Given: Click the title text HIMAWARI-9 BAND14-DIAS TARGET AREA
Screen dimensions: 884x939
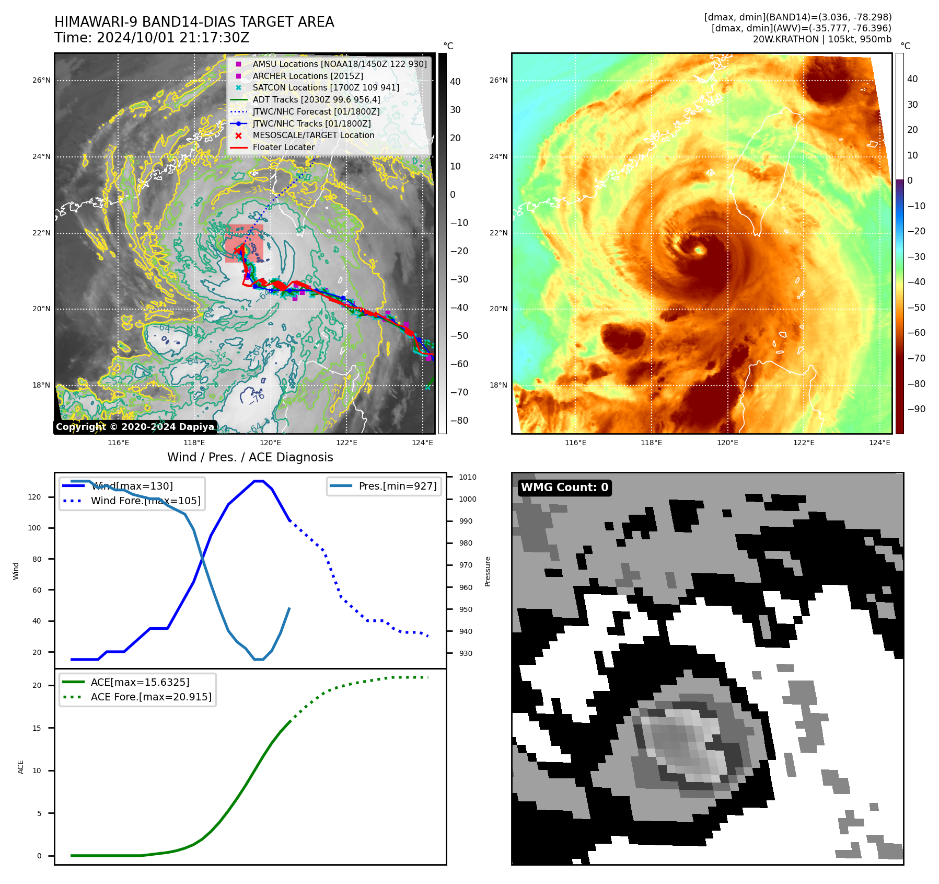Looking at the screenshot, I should click(194, 22).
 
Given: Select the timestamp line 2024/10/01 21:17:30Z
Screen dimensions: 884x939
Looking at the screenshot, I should click(172, 38).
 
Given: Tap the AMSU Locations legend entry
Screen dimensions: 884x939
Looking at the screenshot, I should click(339, 64).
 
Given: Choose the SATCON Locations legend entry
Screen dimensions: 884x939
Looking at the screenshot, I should click(326, 87).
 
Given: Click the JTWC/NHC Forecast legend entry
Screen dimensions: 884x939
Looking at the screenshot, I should click(316, 111).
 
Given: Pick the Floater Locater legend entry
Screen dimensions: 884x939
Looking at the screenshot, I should click(283, 147).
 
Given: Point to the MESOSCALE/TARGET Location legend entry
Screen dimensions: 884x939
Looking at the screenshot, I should click(313, 135).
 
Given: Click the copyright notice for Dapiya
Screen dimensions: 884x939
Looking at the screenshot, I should click(135, 427).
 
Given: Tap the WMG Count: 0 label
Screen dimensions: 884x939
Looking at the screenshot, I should click(564, 488).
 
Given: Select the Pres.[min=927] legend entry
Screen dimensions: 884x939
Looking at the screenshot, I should click(397, 486).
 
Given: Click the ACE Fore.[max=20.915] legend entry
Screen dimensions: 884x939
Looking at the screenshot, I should click(150, 697).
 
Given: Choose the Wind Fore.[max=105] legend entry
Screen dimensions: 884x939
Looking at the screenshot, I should click(145, 501).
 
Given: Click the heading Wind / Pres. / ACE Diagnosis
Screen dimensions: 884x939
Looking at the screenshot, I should click(250, 457).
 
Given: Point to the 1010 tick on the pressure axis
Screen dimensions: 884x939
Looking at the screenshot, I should click(467, 477).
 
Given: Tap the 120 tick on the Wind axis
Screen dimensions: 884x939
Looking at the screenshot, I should click(34, 497).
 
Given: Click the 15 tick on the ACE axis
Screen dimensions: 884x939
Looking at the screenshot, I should click(37, 728).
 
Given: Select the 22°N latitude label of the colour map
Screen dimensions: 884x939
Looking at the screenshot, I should click(498, 233).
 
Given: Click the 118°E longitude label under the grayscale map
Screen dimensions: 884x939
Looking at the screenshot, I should click(194, 443).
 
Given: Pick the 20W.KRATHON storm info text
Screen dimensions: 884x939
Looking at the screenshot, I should click(821, 39).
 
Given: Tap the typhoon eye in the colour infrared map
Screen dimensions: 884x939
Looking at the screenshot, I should click(699, 251).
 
